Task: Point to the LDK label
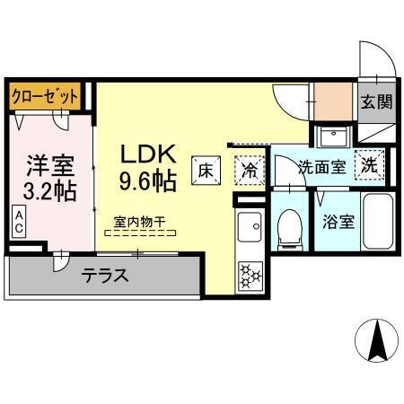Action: (x=148, y=154)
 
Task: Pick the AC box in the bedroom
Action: (x=18, y=221)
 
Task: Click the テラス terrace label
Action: (x=106, y=275)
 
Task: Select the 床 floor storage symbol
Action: (x=205, y=169)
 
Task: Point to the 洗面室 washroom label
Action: (x=321, y=166)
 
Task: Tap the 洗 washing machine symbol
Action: (x=369, y=165)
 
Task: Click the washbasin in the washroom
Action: (x=333, y=136)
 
